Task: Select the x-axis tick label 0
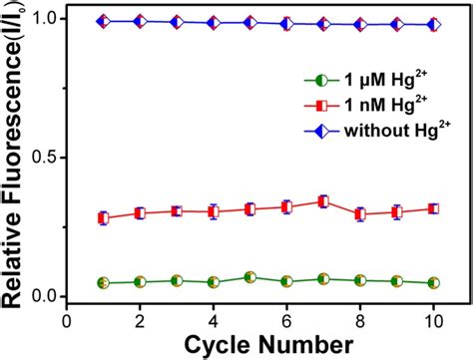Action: coord(67,321)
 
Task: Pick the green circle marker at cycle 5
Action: coord(249,277)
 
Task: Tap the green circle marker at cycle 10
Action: coord(432,283)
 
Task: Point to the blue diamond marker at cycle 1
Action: coord(104,21)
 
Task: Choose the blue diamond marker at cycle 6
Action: coord(286,23)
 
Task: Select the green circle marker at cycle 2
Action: coord(140,282)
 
